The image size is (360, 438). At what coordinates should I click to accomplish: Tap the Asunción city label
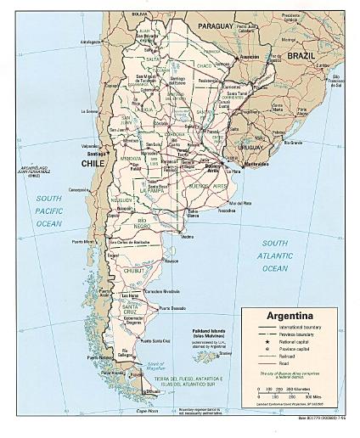[x=249, y=56]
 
